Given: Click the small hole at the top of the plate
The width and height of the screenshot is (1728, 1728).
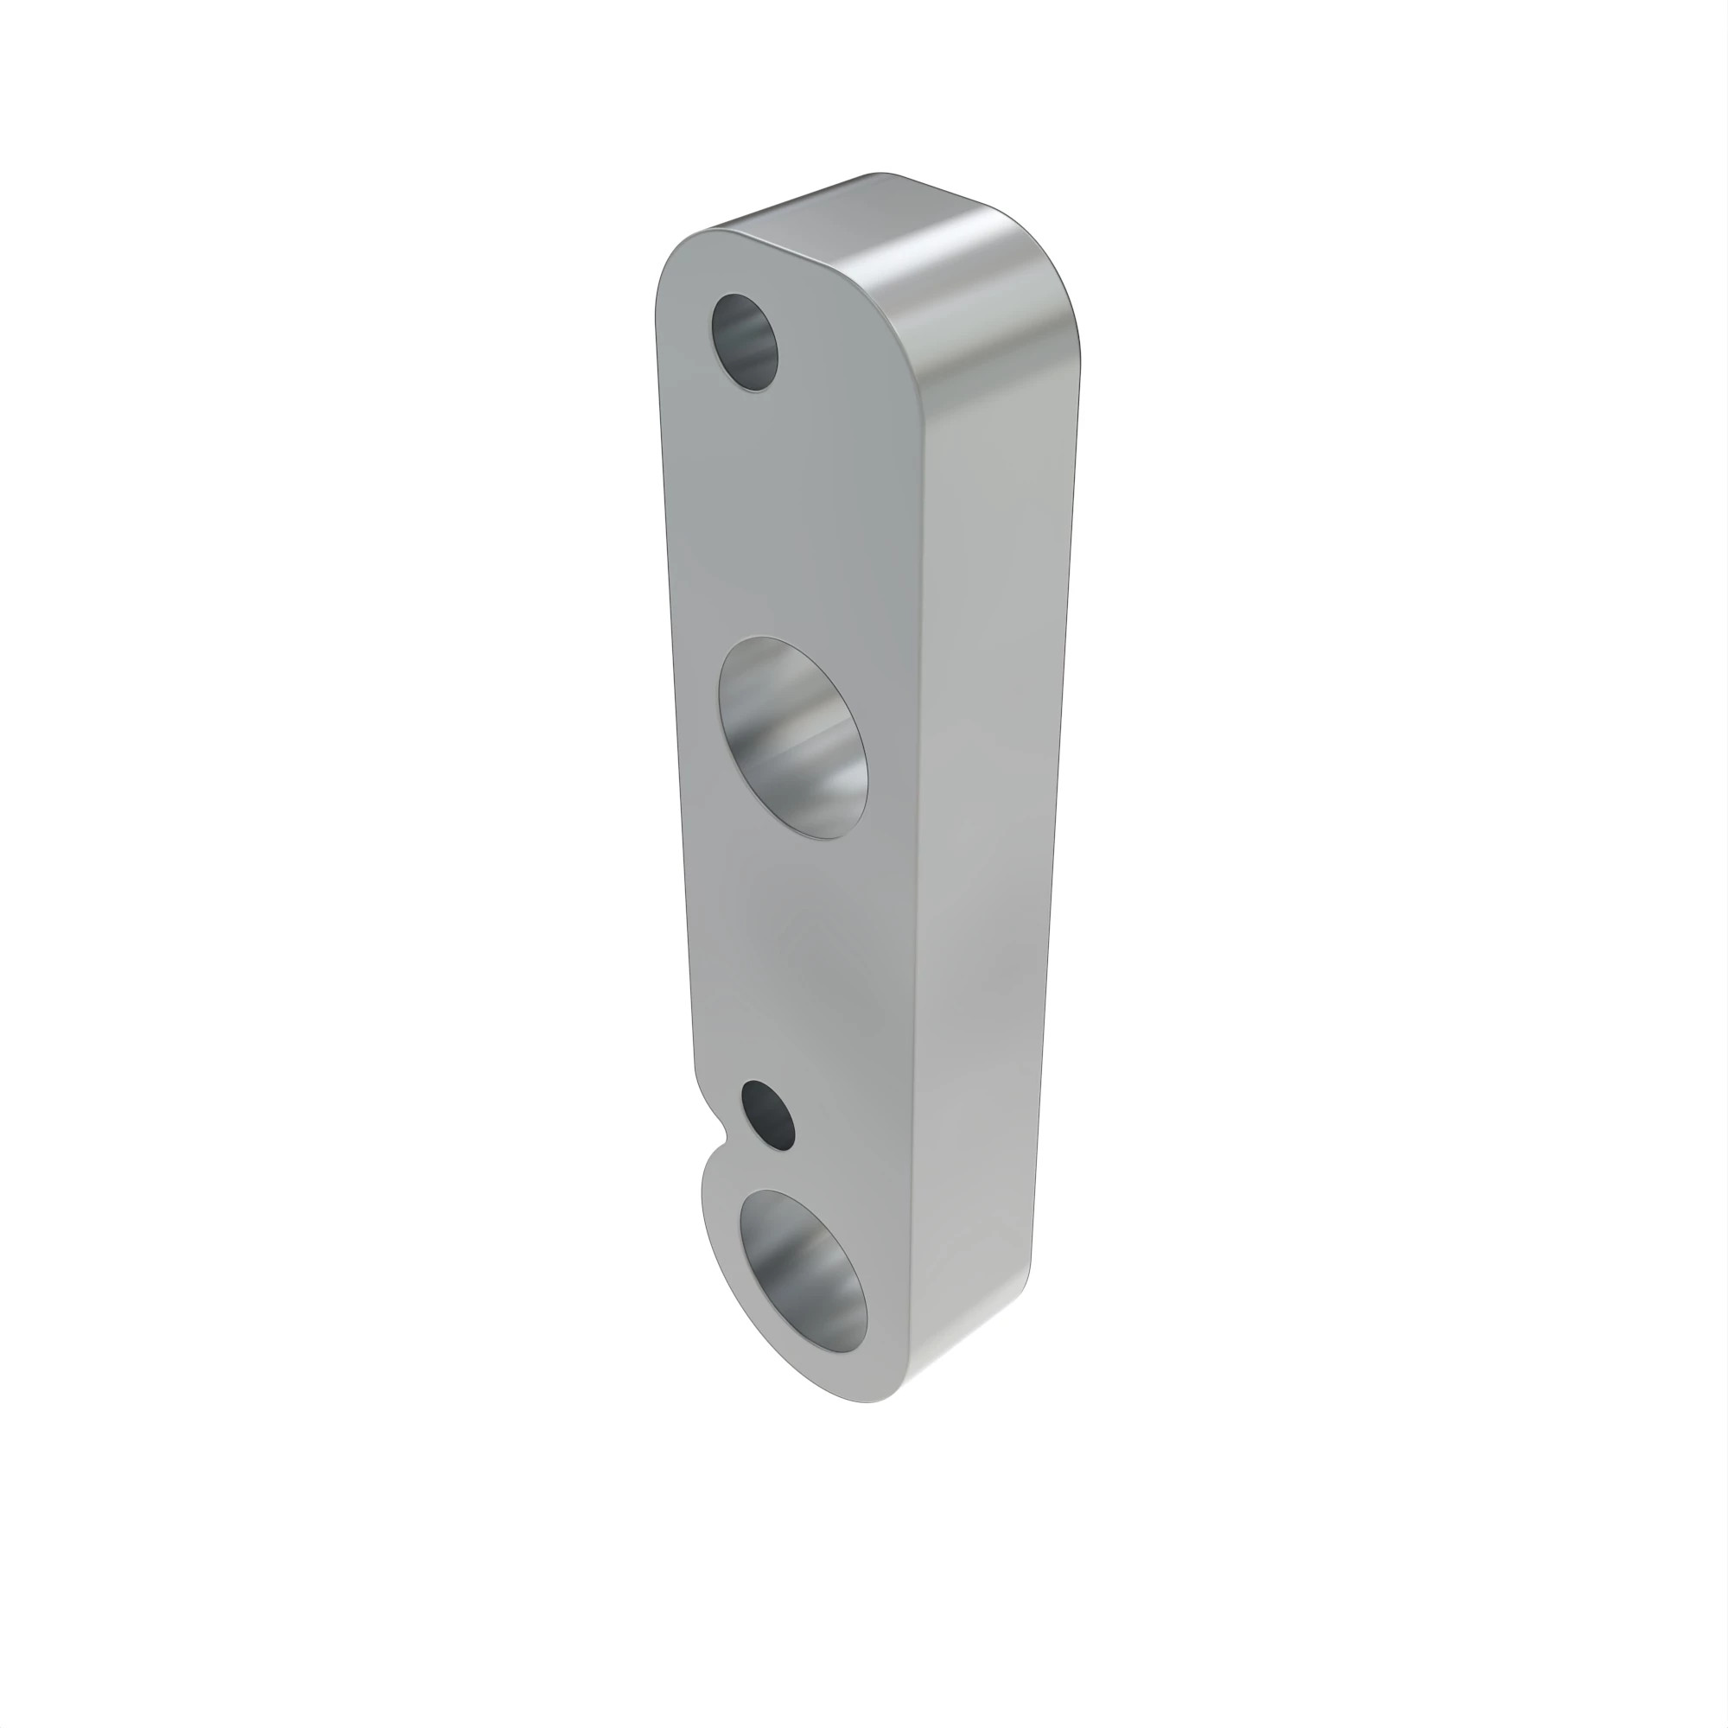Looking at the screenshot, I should point(744,342).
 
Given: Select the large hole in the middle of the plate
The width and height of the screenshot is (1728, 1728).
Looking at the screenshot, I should point(793,739).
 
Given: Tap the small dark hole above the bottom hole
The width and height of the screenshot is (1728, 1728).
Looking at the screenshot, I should point(768,1115).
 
